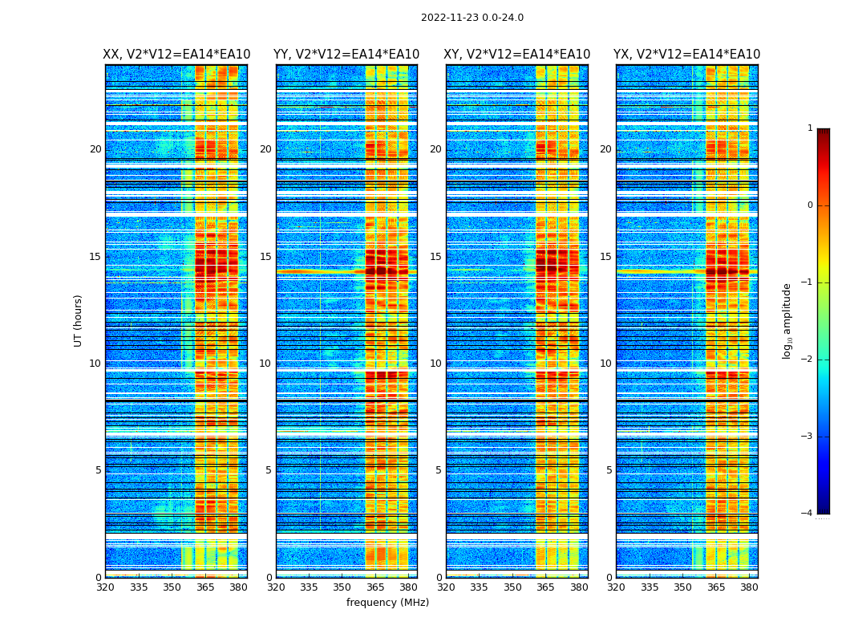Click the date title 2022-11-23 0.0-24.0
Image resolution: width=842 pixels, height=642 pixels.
point(472,18)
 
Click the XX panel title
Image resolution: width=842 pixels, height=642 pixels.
point(176,55)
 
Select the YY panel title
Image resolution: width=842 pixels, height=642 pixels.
point(346,55)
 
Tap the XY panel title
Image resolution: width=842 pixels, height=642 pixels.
point(517,55)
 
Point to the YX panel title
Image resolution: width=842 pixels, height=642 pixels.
point(686,55)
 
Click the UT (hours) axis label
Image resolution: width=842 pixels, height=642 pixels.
point(79,320)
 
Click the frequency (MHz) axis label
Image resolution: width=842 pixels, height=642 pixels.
point(387,603)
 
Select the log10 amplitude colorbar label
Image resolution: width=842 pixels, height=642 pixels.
point(787,320)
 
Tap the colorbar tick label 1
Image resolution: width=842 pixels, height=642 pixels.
point(810,128)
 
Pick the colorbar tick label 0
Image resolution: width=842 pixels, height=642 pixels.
point(810,205)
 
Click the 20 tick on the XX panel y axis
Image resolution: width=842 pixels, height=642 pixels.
point(95,149)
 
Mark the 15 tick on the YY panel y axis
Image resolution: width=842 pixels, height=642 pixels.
point(265,257)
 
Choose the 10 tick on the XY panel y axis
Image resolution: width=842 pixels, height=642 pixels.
point(435,364)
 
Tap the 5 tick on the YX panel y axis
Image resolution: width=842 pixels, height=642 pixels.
point(609,470)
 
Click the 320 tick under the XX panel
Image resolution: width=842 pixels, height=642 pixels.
point(105,587)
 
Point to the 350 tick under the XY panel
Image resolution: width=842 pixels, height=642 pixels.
point(512,587)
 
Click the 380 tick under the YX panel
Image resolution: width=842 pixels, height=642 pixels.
point(749,587)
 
